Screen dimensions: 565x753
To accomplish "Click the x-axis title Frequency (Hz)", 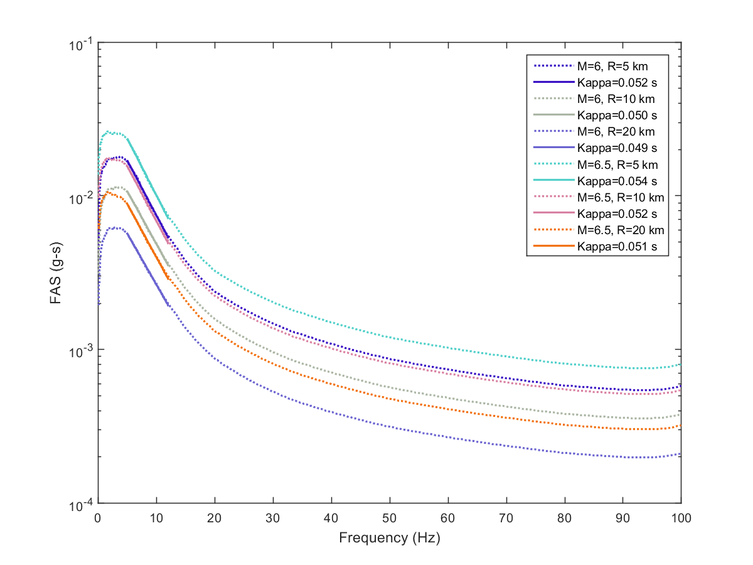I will click(x=389, y=538).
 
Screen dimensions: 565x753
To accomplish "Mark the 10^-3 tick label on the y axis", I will click(x=80, y=350).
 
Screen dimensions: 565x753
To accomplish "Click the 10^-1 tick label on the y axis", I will click(x=80, y=45).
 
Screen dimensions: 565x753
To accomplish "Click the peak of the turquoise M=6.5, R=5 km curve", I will click(x=109, y=132).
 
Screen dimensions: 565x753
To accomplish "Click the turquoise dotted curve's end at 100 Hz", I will click(x=681, y=364).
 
